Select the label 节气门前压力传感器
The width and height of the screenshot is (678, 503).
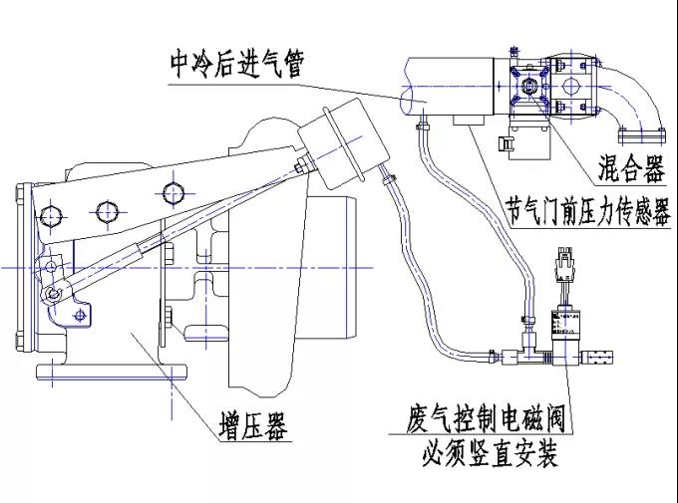point(587,211)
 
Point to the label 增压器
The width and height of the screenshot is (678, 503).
point(253,428)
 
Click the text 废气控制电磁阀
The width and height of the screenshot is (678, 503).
point(488,416)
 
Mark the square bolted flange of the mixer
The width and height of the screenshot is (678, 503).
point(528,87)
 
